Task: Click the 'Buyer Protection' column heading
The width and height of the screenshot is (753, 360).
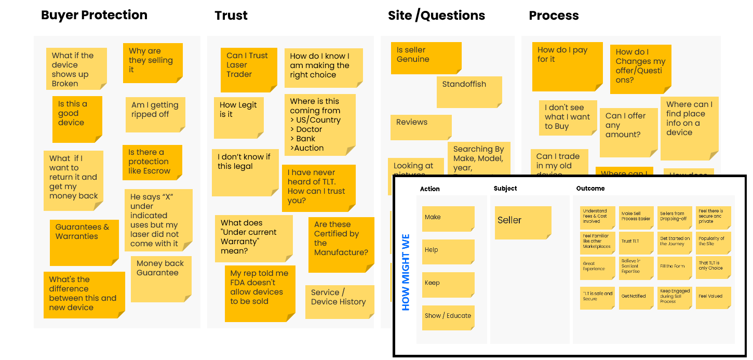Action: point(94,15)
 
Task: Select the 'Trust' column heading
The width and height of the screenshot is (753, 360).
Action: point(231,16)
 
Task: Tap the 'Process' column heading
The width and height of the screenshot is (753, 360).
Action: point(554,16)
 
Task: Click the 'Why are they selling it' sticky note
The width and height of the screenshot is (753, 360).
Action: point(153,62)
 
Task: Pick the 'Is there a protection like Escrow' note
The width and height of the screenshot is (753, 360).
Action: point(152,162)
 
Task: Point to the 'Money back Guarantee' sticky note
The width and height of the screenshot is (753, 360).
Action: point(160,278)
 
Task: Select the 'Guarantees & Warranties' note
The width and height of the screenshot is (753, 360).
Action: point(84,242)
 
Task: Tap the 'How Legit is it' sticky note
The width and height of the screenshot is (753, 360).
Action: point(238,117)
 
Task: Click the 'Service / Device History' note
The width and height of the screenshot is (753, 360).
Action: point(339,301)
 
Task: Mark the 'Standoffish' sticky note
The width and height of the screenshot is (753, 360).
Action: point(469,91)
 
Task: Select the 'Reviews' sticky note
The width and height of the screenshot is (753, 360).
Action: point(421,127)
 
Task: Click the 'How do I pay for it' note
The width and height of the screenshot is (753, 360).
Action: point(567,66)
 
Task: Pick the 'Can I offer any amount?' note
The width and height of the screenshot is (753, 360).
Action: point(628,132)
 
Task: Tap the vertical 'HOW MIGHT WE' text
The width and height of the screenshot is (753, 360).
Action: point(406,273)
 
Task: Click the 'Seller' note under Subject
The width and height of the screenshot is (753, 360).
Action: point(522,222)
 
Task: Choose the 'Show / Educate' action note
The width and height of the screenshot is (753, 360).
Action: point(448,317)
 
